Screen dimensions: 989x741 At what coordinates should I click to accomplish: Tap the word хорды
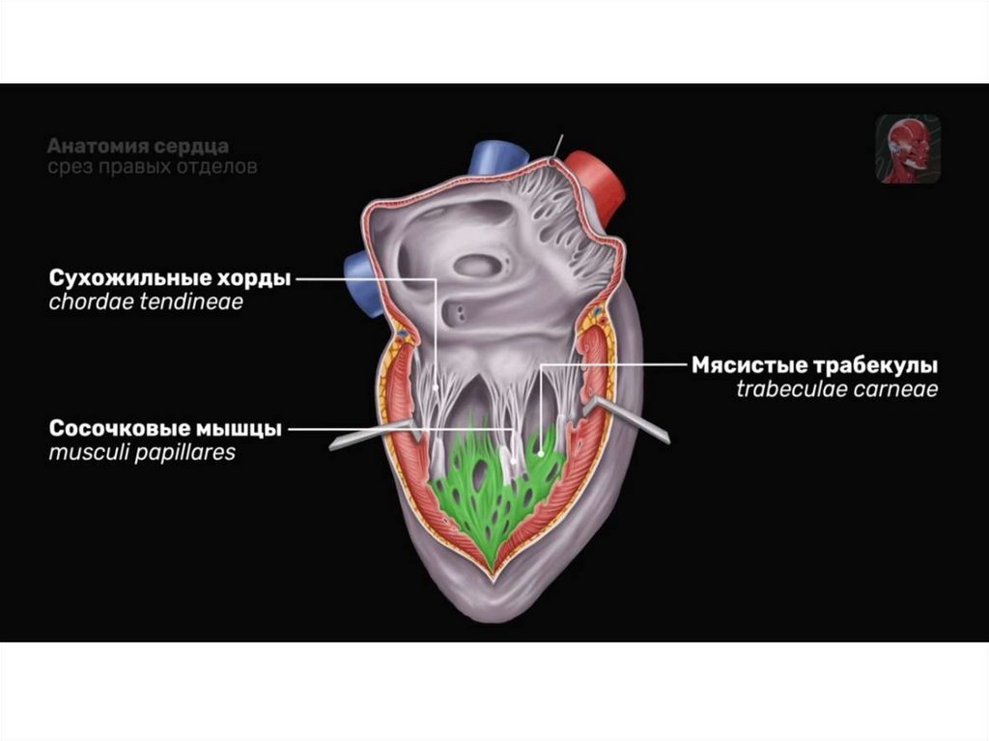coord(251,279)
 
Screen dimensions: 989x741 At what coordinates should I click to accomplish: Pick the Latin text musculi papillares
coord(142,452)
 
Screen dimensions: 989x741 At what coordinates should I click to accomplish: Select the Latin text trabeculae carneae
coord(836,390)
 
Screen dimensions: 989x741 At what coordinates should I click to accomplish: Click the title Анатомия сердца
coord(137,147)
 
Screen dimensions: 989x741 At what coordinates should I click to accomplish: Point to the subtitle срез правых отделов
coord(152,167)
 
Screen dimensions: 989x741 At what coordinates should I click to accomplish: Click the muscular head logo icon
coord(908,150)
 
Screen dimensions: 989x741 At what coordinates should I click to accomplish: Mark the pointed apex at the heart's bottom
coord(494,584)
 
